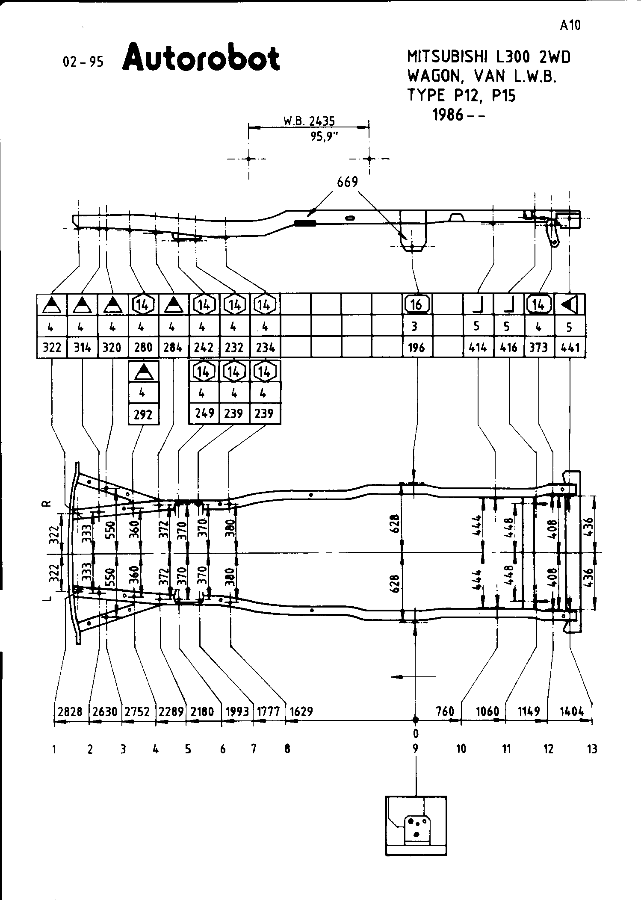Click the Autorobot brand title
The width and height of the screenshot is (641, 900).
click(x=201, y=58)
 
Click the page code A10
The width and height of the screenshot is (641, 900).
click(x=570, y=26)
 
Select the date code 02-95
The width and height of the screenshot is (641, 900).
click(x=83, y=62)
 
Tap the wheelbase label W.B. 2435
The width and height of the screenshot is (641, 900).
click(x=309, y=121)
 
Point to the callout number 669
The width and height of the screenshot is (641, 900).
click(x=347, y=183)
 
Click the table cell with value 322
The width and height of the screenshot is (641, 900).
click(x=52, y=348)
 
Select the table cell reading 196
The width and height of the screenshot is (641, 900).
click(x=417, y=348)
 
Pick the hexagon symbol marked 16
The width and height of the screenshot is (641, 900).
click(x=417, y=304)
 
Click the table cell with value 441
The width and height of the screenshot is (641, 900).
click(x=570, y=348)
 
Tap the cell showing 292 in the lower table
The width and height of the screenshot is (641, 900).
click(x=143, y=414)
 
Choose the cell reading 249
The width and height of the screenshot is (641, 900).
click(x=204, y=413)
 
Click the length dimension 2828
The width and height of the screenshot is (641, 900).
click(x=70, y=711)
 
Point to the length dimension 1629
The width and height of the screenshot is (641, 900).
click(x=301, y=711)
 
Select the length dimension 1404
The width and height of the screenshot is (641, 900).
click(x=572, y=711)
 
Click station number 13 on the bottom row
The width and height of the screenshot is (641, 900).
click(x=592, y=749)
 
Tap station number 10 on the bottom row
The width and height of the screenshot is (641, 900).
click(x=461, y=749)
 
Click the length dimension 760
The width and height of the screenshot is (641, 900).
click(x=444, y=711)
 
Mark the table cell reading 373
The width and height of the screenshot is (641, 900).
click(x=538, y=348)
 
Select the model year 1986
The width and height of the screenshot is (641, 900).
click(x=449, y=115)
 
